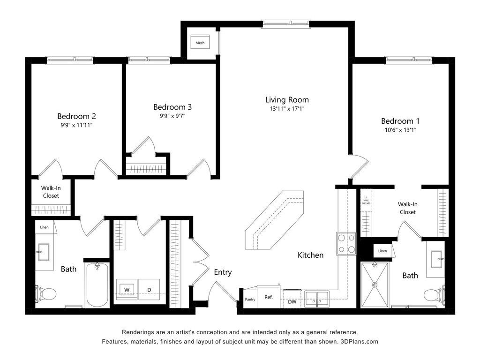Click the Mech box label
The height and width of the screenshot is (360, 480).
pyautogui.click(x=200, y=43)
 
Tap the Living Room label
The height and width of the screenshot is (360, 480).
pyautogui.click(x=287, y=100)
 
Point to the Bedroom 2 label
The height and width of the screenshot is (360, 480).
pyautogui.click(x=77, y=116)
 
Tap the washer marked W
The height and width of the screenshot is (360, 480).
pyautogui.click(x=127, y=289)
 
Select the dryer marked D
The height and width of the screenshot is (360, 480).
pyautogui.click(x=149, y=289)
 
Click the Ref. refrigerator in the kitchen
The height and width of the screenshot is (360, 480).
pyautogui.click(x=269, y=297)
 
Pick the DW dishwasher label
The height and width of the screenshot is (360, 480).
pyautogui.click(x=292, y=301)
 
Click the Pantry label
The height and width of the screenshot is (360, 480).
pyautogui.click(x=250, y=299)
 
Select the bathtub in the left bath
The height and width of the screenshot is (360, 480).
pyautogui.click(x=97, y=285)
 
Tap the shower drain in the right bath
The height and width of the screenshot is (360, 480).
pyautogui.click(x=375, y=285)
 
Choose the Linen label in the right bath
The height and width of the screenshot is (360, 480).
pyautogui.click(x=382, y=251)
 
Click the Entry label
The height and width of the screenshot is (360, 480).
pyautogui.click(x=223, y=272)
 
